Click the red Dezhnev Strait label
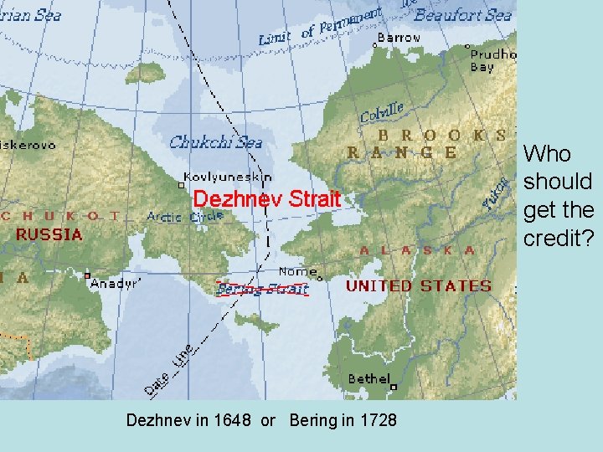click(267, 199)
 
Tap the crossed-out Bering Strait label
click(262, 289)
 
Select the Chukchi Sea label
click(215, 142)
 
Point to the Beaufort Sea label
click(462, 15)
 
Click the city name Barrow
click(399, 38)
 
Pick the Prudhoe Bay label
click(493, 60)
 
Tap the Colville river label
click(382, 112)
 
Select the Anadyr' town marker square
click(87, 275)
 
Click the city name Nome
click(297, 271)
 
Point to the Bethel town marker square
click(393, 387)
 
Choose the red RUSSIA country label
click(49, 234)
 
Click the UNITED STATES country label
click(419, 285)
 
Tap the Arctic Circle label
click(185, 216)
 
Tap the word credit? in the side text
click(559, 238)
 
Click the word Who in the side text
click(547, 153)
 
